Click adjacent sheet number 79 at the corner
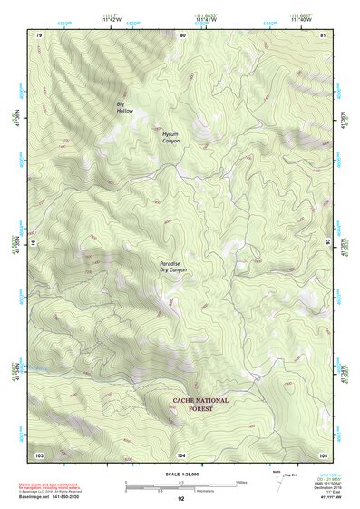click(x=39, y=34)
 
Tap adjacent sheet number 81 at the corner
click(x=323, y=34)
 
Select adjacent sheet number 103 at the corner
click(x=39, y=454)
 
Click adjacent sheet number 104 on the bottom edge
click(x=181, y=454)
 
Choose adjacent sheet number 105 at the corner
click(x=323, y=454)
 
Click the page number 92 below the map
click(x=181, y=499)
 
